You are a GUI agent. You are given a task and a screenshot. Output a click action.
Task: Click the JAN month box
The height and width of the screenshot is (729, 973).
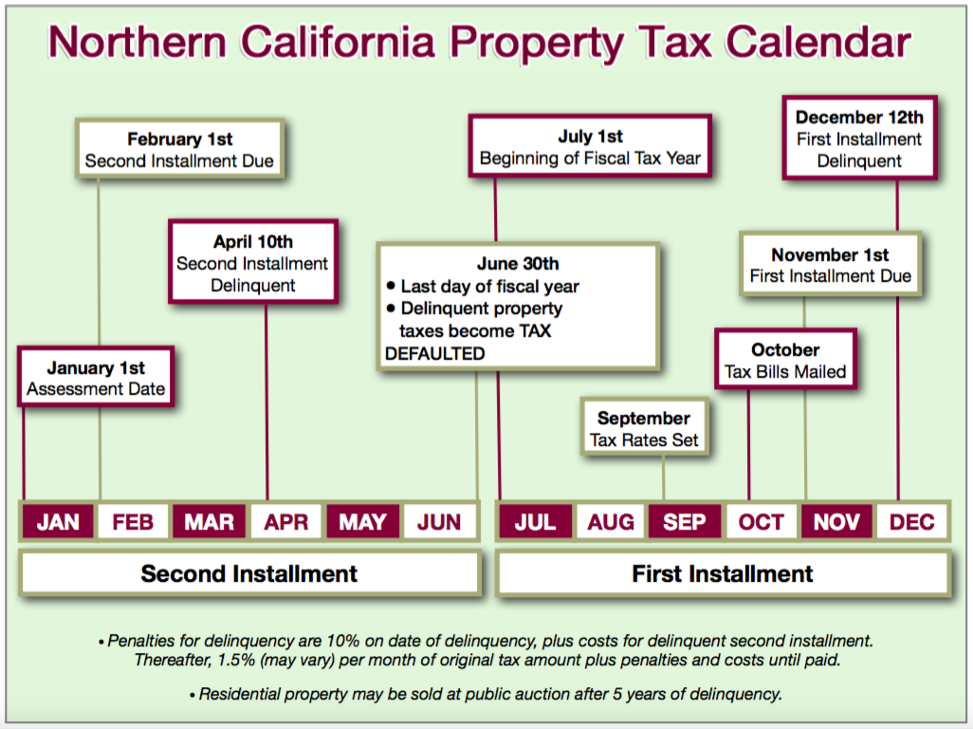click(x=58, y=522)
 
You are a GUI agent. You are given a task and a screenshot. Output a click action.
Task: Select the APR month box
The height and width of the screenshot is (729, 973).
click(x=285, y=522)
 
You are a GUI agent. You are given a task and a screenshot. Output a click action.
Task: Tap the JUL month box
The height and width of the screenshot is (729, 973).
click(x=535, y=522)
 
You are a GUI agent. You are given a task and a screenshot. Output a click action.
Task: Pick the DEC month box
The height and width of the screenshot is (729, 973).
click(x=911, y=522)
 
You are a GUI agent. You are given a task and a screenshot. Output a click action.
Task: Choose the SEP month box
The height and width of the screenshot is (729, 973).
click(x=685, y=522)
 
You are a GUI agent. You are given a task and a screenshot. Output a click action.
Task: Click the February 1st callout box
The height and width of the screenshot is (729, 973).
click(x=179, y=149)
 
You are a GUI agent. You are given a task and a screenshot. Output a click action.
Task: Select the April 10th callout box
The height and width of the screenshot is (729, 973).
click(x=253, y=262)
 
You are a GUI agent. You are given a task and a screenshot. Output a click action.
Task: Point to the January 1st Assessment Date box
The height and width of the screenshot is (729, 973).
click(x=96, y=378)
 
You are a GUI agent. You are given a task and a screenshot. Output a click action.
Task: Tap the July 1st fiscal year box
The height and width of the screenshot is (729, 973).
click(x=590, y=146)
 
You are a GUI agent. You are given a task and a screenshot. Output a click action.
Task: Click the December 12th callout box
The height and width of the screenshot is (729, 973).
click(x=859, y=138)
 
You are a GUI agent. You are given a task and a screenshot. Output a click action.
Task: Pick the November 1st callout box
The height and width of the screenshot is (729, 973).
click(x=831, y=265)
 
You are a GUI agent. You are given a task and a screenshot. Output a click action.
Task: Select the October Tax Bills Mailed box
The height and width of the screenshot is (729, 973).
click(x=785, y=360)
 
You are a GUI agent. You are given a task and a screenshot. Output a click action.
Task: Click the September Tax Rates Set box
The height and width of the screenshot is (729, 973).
click(x=644, y=428)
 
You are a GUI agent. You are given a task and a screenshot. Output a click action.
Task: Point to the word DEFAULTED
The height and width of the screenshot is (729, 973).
click(x=435, y=353)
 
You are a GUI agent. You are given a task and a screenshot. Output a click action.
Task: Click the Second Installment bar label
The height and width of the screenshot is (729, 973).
click(x=248, y=573)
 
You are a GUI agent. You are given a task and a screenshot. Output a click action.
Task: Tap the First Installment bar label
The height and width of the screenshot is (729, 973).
click(x=723, y=573)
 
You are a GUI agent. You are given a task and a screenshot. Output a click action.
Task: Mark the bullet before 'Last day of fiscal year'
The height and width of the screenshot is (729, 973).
click(x=391, y=286)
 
